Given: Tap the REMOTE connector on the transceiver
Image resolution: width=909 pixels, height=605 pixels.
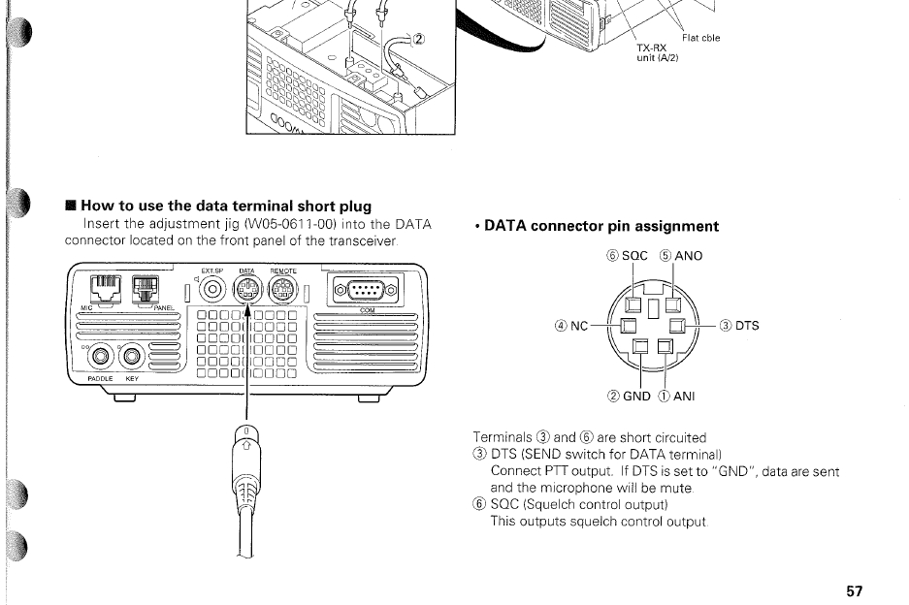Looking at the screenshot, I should [x=282, y=288].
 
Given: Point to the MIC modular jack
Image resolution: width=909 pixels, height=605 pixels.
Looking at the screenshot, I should [x=102, y=287].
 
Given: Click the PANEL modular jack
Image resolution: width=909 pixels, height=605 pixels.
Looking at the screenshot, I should [x=145, y=288].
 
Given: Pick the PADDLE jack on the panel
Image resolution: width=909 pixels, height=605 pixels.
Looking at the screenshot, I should [x=103, y=358].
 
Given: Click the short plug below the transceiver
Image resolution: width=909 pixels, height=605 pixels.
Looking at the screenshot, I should [x=248, y=456].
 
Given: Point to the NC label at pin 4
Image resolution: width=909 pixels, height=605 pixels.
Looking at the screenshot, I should [x=581, y=326].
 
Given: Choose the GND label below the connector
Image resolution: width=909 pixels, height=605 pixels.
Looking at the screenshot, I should [x=636, y=396].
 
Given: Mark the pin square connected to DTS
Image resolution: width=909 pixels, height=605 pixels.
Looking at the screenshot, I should [x=677, y=324].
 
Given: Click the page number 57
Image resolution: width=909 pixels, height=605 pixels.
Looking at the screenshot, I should [x=854, y=590].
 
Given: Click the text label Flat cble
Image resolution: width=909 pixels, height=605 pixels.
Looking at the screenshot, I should [x=701, y=39].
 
